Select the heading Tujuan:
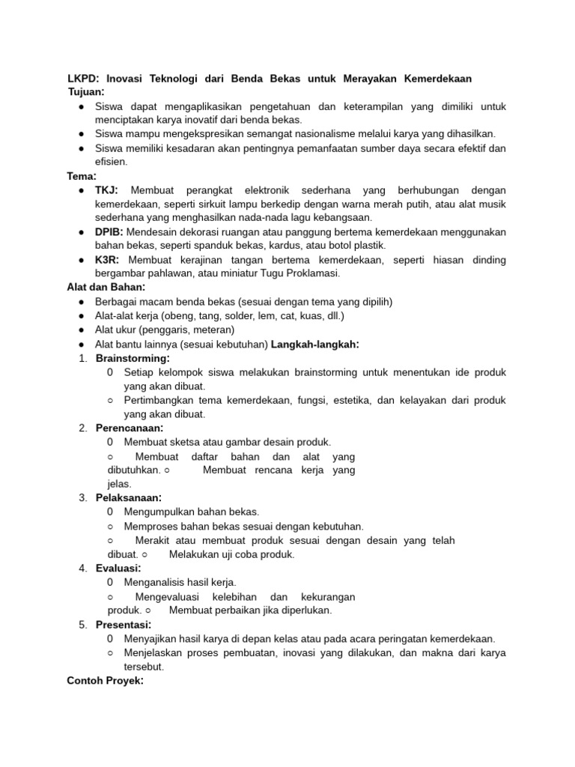[87, 91]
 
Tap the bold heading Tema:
[82, 176]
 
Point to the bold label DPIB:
[109, 232]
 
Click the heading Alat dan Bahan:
[106, 288]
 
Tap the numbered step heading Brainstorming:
[133, 358]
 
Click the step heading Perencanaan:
[130, 428]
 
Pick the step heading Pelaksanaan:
[129, 497]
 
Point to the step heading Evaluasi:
[118, 568]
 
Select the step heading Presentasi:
[124, 625]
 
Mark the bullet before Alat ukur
[81, 330]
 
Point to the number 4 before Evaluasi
[82, 568]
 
